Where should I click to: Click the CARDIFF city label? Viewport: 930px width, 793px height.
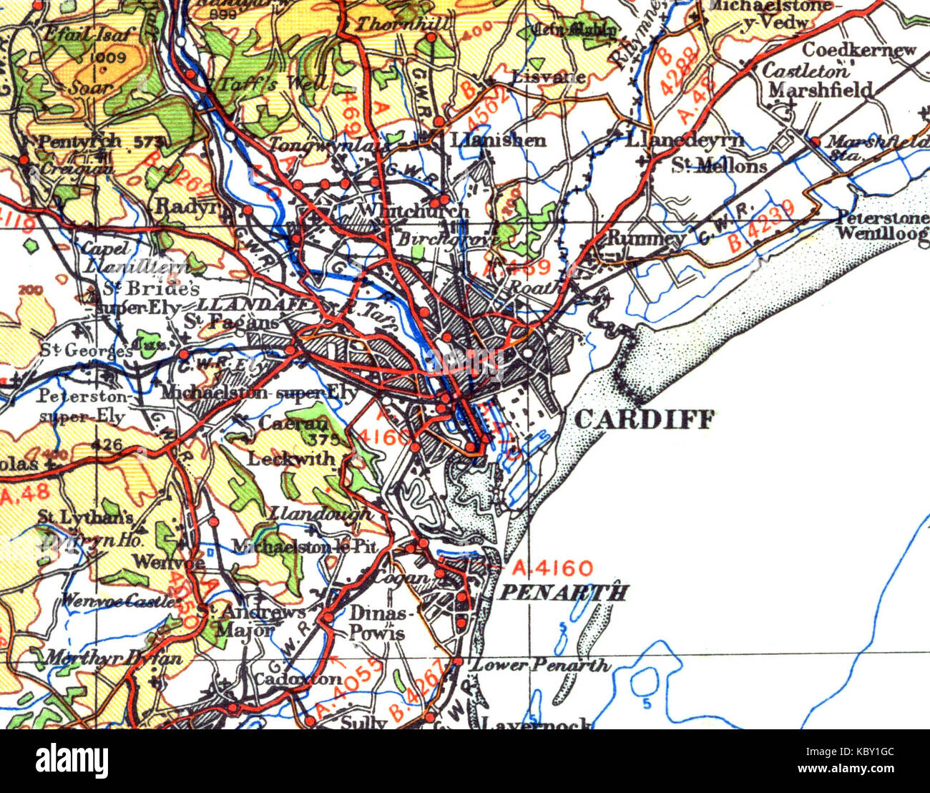[644, 419]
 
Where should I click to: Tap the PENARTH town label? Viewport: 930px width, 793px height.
[563, 593]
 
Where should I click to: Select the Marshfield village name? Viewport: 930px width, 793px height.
[820, 89]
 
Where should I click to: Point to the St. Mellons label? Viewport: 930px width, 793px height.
[719, 166]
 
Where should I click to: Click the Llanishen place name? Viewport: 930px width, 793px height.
[499, 140]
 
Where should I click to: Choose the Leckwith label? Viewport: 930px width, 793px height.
[290, 459]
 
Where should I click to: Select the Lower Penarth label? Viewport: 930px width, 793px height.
[542, 665]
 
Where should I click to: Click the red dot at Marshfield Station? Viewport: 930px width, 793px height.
[815, 141]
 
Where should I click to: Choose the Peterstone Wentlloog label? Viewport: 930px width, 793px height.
[881, 225]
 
